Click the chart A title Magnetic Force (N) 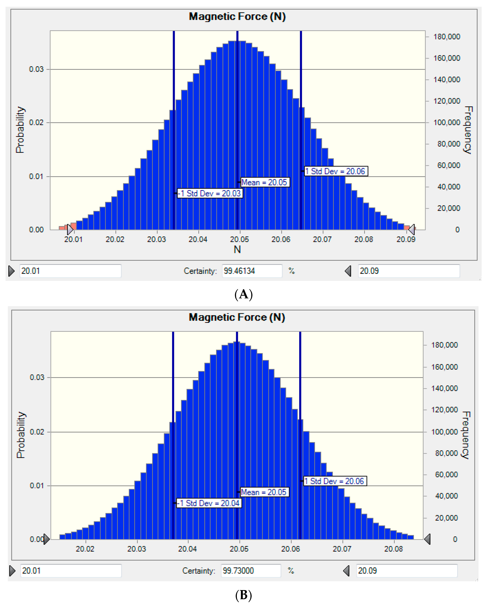click(x=237, y=16)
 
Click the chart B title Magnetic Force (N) click(x=237, y=317)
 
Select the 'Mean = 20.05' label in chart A click(x=264, y=182)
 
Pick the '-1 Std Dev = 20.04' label click(x=209, y=503)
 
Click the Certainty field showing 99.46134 click(x=252, y=271)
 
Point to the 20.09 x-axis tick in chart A click(x=406, y=239)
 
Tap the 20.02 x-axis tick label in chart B click(x=85, y=549)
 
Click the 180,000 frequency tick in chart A click(x=446, y=37)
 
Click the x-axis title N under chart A click(x=237, y=250)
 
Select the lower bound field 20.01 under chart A click(x=70, y=271)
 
